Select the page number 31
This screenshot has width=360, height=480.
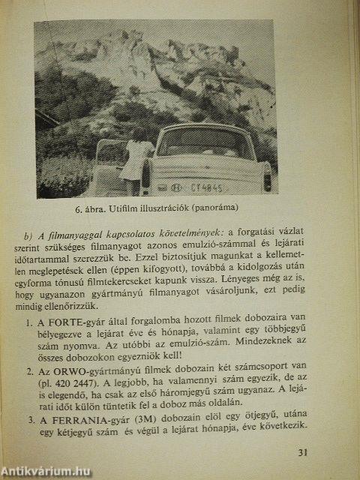point(302,451)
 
